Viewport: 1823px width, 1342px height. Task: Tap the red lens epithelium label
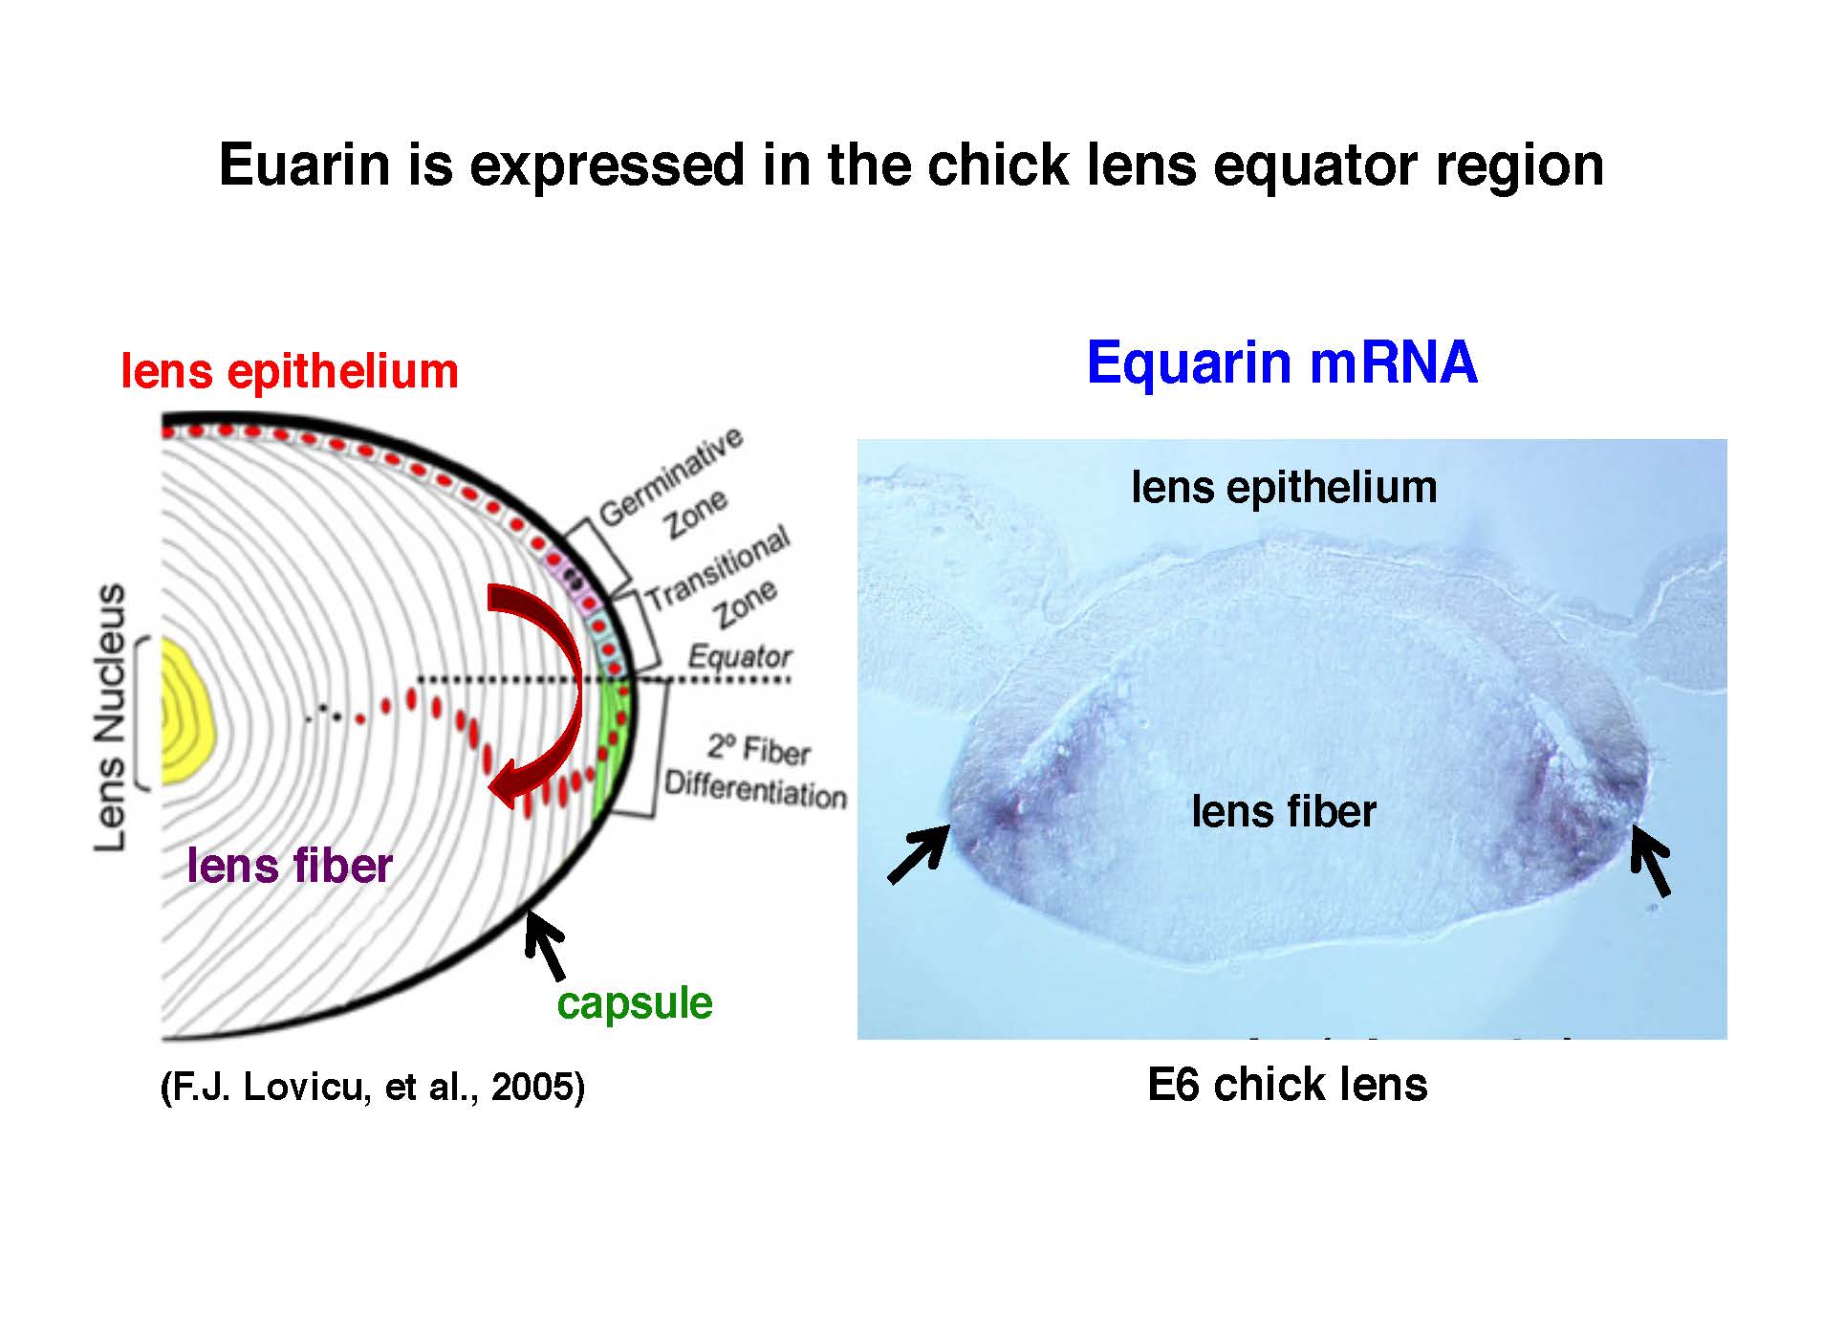pyautogui.click(x=290, y=371)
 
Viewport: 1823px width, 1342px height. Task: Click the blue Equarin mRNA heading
pyautogui.click(x=1282, y=363)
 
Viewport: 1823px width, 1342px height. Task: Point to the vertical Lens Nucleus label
pyautogui.click(x=111, y=716)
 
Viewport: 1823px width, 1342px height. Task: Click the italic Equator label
pyautogui.click(x=739, y=657)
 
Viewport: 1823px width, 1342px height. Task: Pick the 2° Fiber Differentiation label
pyautogui.click(x=755, y=771)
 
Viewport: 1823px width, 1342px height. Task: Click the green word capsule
pyautogui.click(x=635, y=1002)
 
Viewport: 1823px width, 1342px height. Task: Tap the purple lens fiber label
pyautogui.click(x=290, y=866)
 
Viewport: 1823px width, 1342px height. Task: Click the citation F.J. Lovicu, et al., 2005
pyautogui.click(x=373, y=1087)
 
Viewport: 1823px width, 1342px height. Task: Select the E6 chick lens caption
pyautogui.click(x=1287, y=1085)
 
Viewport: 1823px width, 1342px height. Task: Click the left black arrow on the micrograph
pyautogui.click(x=919, y=854)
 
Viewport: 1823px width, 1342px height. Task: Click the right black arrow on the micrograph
pyautogui.click(x=1651, y=860)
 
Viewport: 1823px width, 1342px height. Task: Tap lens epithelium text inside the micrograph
pyautogui.click(x=1284, y=487)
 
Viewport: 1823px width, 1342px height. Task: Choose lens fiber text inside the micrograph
pyautogui.click(x=1283, y=811)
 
